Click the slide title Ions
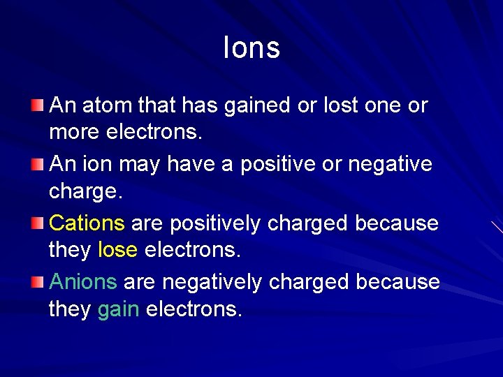tap(251, 47)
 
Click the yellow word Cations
tap(87, 223)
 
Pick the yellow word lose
tap(117, 250)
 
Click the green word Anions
tap(84, 282)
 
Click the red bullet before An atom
tap(37, 105)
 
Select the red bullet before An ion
tap(37, 165)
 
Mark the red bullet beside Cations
tap(37, 223)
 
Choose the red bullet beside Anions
tap(37, 282)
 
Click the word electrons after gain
tap(194, 309)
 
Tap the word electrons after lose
tap(192, 250)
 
